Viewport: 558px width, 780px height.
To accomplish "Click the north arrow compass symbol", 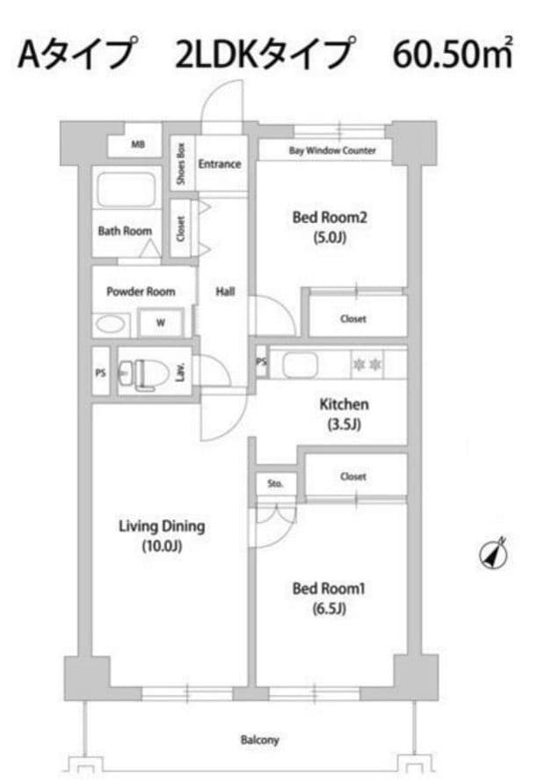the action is pos(493,553).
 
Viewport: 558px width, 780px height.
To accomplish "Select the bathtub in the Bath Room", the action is pos(127,190).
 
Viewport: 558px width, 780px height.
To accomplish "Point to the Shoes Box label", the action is pos(181,164).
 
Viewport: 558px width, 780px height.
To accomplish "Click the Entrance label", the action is pos(220,163).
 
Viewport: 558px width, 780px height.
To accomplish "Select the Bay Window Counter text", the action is pos(332,150).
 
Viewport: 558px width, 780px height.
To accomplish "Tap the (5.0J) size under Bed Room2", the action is pos(329,238).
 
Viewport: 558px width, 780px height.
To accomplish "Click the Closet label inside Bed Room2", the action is pos(353,319).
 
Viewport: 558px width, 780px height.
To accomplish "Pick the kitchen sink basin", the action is pos(301,365).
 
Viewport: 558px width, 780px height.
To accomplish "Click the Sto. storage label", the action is pos(275,483).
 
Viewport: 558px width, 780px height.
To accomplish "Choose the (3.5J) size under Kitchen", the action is pos(344,424).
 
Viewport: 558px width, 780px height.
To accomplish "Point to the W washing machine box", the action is pos(160,323).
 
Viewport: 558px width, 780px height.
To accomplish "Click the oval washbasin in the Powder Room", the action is pos(110,325).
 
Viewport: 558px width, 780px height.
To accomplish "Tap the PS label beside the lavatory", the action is pos(100,372).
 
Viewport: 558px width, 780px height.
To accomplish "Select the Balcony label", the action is pos(259,740).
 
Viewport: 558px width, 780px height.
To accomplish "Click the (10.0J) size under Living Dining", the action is pos(163,546).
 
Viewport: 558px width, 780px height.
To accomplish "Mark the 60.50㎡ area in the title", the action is pos(452,54).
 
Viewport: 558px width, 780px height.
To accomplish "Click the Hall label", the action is pos(225,292).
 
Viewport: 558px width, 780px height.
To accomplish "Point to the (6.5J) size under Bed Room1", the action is pos(329,609).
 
